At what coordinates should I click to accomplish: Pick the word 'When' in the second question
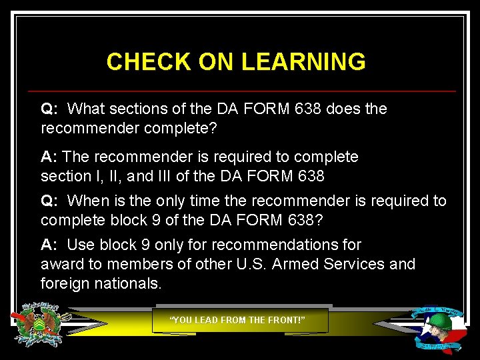point(87,201)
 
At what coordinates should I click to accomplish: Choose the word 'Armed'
point(297,264)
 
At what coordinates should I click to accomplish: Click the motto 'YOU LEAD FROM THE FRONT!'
point(238,320)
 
